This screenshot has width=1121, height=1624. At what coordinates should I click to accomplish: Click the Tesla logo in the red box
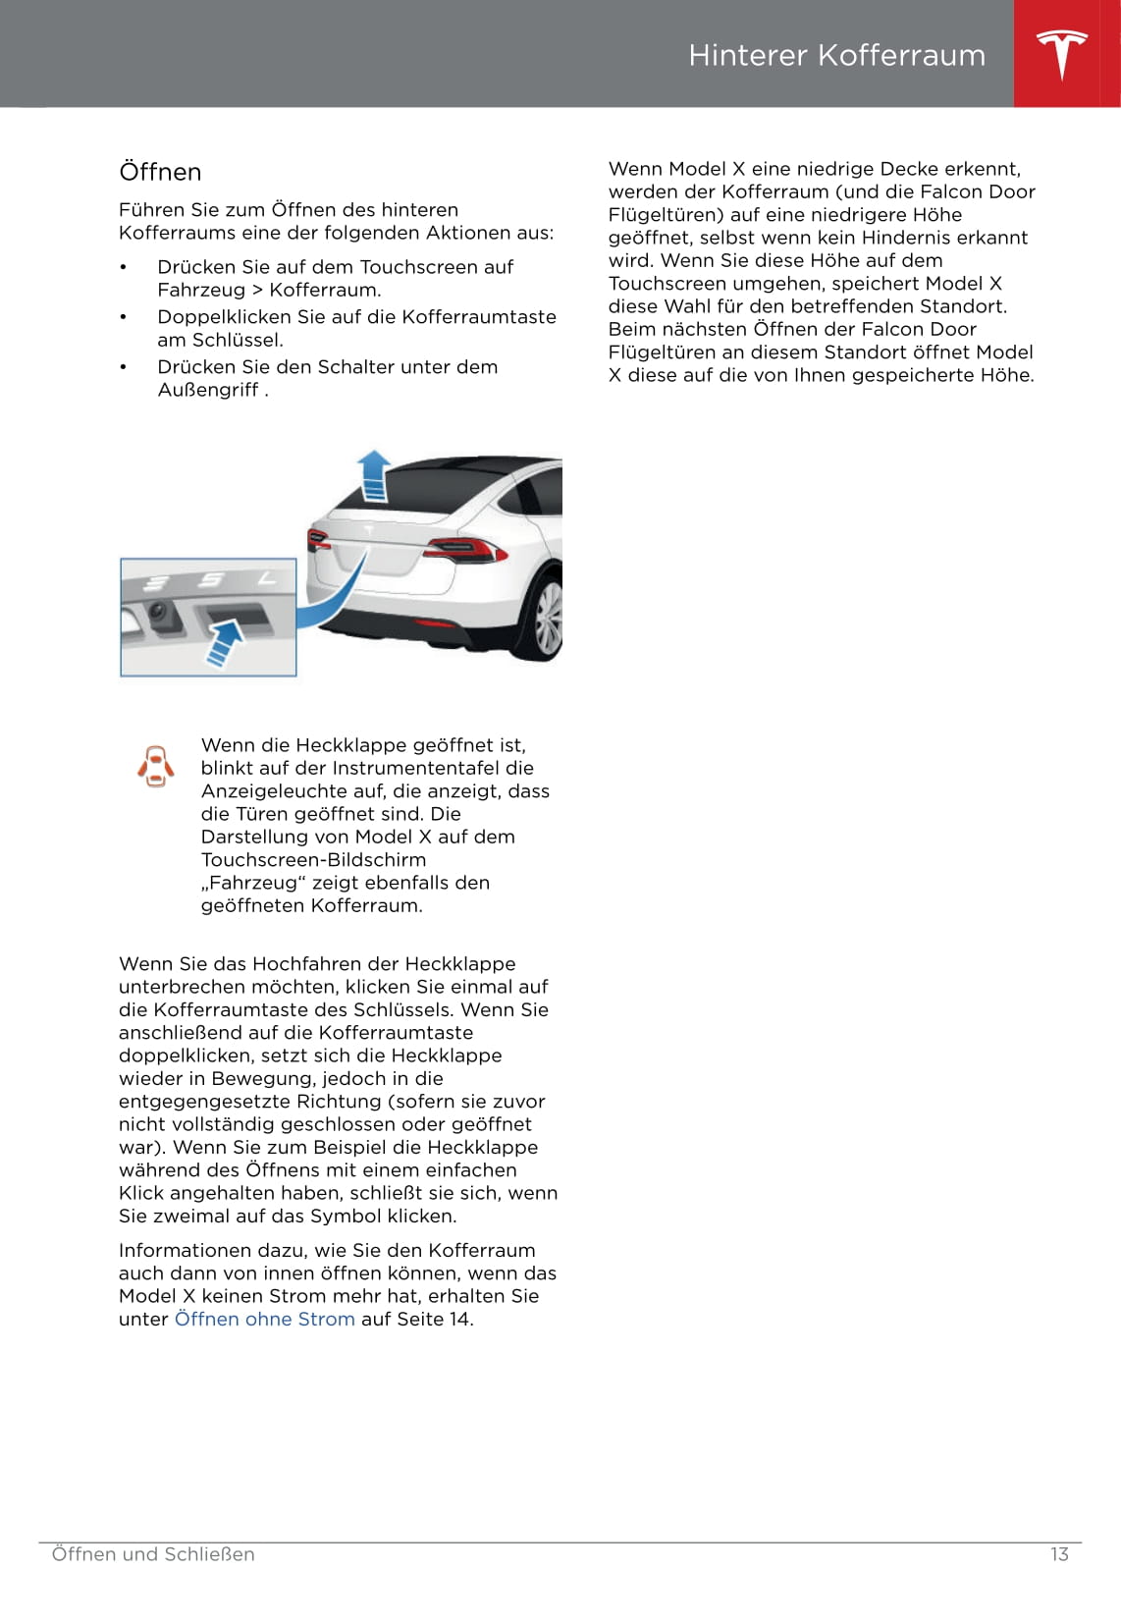point(1062,54)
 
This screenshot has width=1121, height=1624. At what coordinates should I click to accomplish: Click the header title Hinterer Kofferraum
point(836,55)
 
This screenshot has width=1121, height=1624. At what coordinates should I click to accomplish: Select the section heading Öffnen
point(160,172)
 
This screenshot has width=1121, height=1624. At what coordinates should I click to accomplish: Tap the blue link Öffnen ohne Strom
point(264,1319)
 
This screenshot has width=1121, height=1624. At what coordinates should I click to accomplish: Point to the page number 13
point(1059,1554)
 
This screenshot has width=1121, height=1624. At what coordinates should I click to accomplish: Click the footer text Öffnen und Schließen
point(153,1554)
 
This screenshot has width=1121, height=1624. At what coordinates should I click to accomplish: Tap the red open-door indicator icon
point(156,766)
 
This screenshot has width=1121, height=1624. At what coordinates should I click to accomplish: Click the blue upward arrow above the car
point(373,475)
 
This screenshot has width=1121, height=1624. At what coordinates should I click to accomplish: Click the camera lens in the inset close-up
point(157,613)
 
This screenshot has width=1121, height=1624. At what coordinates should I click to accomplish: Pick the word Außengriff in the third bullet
point(208,390)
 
